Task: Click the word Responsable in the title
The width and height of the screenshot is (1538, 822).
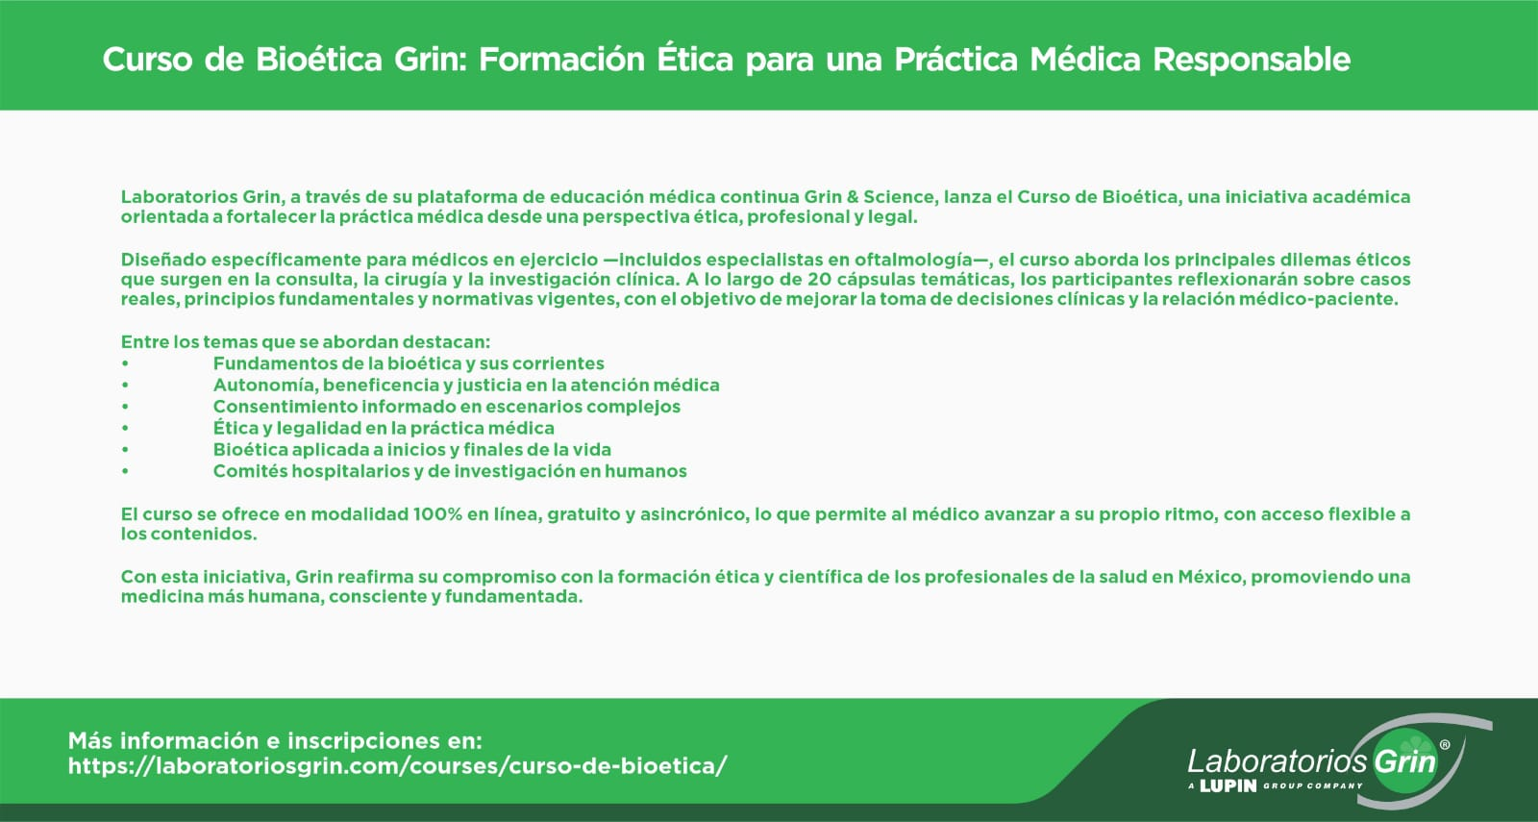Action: [1252, 60]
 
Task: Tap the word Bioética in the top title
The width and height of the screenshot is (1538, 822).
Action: [318, 59]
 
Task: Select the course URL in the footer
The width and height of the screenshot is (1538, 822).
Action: [398, 765]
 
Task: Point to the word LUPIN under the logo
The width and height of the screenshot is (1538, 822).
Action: [1228, 786]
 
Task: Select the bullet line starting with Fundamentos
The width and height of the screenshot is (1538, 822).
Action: [409, 363]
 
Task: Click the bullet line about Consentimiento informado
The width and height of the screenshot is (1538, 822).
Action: [446, 407]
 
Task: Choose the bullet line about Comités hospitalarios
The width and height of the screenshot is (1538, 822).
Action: [450, 471]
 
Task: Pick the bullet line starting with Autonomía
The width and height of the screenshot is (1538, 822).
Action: [466, 386]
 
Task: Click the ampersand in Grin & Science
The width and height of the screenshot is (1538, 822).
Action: [853, 197]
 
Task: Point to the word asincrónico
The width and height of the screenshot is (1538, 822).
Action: [694, 515]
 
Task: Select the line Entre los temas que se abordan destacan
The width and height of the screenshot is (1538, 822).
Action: [306, 342]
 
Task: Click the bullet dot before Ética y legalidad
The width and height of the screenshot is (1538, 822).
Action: [125, 429]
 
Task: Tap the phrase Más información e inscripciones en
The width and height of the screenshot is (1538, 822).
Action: [275, 741]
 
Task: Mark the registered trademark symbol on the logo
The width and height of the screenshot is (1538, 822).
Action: [1445, 744]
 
